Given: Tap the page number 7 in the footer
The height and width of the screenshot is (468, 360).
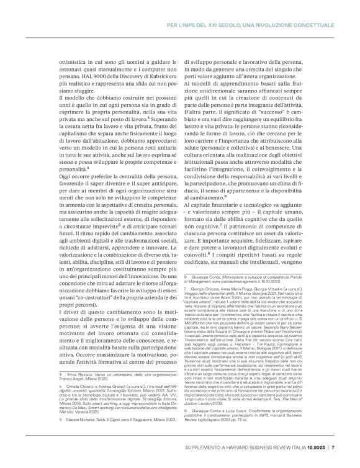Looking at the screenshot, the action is (x=333, y=447).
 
